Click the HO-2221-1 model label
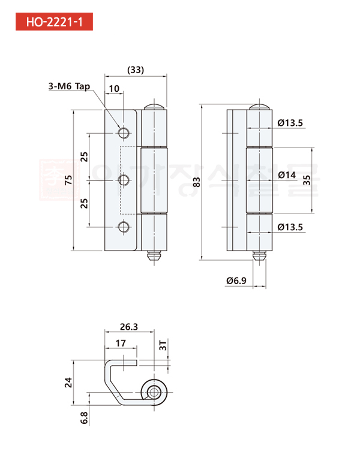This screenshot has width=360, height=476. click(x=55, y=22)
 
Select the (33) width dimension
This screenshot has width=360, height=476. click(x=136, y=70)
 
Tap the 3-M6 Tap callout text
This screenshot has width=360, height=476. click(x=69, y=86)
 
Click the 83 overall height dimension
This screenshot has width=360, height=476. click(x=197, y=183)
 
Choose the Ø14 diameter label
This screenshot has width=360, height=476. click(x=287, y=175)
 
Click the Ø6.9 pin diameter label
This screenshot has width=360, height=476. click(x=236, y=280)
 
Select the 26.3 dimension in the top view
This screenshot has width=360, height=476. click(x=128, y=327)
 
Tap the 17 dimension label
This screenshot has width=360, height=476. click(x=121, y=344)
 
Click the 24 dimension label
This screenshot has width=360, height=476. click(x=68, y=382)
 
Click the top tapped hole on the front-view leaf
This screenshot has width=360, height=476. click(x=124, y=132)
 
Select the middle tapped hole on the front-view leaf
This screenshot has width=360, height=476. click(x=124, y=179)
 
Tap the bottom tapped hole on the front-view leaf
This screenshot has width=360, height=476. click(x=124, y=227)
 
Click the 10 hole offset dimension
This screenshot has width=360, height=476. click(x=114, y=88)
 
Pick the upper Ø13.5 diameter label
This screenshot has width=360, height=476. click(x=291, y=123)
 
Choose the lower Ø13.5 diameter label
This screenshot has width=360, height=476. click(x=291, y=227)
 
